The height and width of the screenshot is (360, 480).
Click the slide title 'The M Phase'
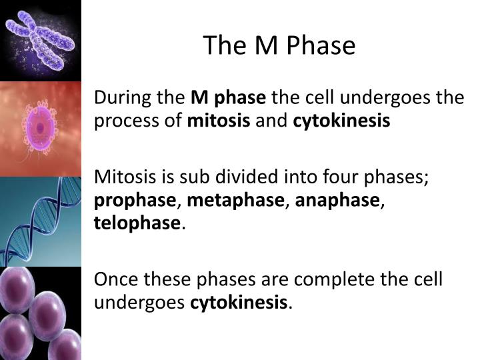279,45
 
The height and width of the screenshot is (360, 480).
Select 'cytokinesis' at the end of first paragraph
341,122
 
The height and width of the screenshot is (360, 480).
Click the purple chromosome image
41,40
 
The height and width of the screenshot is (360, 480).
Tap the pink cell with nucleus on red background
41,127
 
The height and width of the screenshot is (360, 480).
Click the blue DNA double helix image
41,221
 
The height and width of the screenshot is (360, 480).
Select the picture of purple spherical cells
41,313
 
